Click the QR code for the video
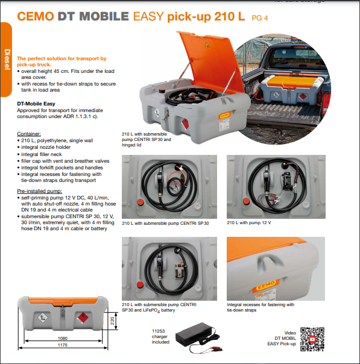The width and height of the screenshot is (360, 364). [312, 339]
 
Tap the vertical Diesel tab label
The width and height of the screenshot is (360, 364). [7, 60]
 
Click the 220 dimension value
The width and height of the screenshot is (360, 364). [112, 321]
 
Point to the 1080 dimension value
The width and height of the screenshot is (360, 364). [63, 339]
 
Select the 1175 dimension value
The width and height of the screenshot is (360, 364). [63, 345]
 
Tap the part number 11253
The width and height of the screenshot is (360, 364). [159, 331]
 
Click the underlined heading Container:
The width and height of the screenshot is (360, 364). [29, 134]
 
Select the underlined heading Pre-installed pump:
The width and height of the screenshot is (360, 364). [39, 191]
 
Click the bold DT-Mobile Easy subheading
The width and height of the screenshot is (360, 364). [36, 104]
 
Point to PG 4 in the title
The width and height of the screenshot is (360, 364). [260, 18]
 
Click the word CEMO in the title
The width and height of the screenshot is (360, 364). [36, 16]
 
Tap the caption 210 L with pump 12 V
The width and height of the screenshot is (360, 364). [249, 222]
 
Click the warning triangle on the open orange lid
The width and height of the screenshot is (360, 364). [207, 45]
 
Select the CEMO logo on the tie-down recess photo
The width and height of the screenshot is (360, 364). [266, 285]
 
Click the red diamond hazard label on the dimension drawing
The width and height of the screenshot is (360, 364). [82, 318]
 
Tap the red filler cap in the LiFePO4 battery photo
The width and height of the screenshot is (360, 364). [140, 284]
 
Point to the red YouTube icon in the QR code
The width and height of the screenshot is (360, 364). [312, 339]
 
